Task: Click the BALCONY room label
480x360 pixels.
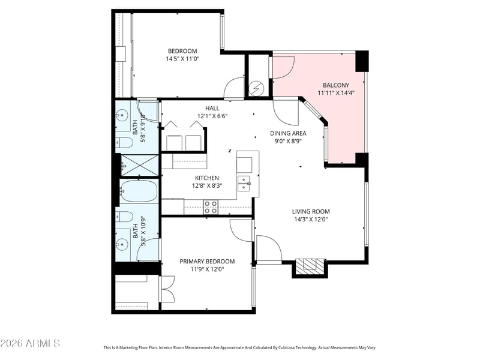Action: (x=335, y=85)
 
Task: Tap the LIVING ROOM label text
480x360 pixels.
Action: (x=311, y=211)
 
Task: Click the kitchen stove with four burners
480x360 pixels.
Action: (x=210, y=207)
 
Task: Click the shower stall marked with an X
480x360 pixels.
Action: (x=139, y=165)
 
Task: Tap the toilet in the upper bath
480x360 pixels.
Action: (x=124, y=143)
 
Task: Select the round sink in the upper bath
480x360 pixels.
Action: (x=124, y=114)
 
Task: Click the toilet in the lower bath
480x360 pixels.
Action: (x=124, y=217)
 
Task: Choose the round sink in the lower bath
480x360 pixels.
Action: (x=124, y=244)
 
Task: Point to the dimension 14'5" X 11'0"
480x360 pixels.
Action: (x=182, y=59)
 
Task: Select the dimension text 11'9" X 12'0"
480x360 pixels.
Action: (x=207, y=269)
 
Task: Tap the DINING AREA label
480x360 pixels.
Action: (x=288, y=133)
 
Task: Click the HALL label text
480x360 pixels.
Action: (x=212, y=108)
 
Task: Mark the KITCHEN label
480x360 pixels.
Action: (x=206, y=178)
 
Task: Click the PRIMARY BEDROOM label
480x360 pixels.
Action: (x=207, y=261)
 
